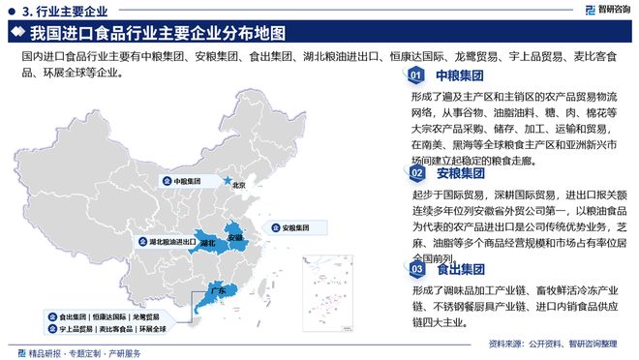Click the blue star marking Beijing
coord(228,180)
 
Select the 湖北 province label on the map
coord(208,243)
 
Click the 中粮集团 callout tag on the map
coord(183,181)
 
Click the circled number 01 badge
coord(414,75)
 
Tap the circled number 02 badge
coord(414,173)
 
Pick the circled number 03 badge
coord(414,268)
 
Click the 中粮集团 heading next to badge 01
coord(460,75)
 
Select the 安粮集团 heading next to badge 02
coord(460,173)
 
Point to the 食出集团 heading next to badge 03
coord(460,268)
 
